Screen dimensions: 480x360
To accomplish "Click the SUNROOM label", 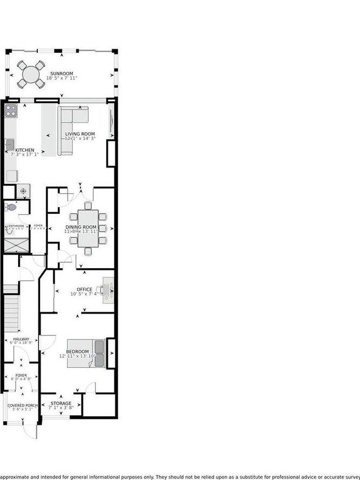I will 62,73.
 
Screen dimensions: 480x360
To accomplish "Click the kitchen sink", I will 10,144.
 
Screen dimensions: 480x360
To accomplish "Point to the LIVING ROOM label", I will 80,134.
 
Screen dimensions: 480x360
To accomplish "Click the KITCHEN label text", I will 25,150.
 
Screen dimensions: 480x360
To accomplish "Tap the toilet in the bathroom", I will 9,207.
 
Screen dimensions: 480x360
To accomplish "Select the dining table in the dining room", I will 88,228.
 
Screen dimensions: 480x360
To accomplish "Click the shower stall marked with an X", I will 16,245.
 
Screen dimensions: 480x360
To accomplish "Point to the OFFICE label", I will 84,289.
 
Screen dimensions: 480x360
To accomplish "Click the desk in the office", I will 109,289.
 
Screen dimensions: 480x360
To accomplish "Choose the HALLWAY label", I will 21,339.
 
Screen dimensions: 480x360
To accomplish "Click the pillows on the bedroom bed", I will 99,347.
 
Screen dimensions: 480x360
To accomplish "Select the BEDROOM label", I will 77,351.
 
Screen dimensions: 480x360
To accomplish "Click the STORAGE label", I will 61,404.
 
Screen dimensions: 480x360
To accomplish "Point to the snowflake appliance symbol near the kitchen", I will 24,191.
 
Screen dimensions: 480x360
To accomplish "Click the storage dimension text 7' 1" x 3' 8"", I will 61,408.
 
